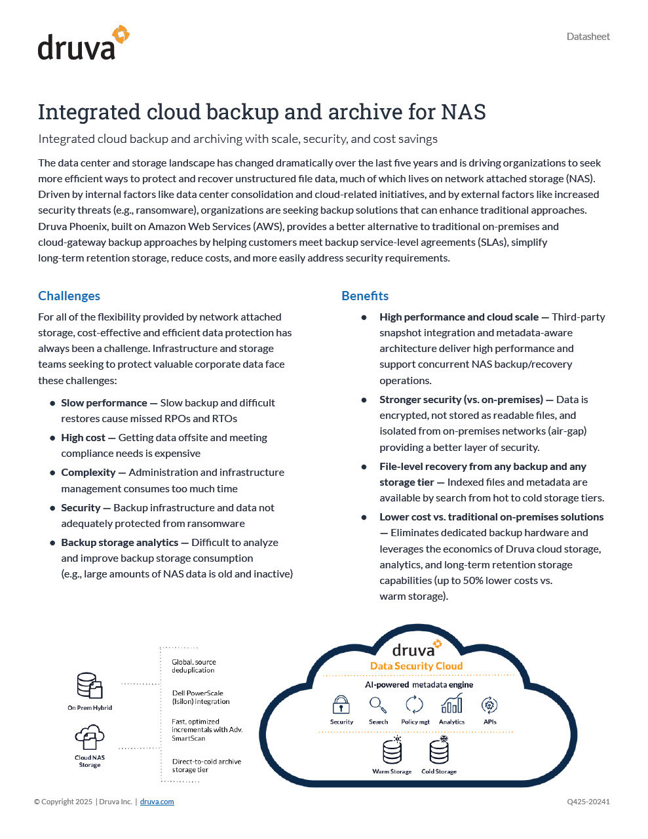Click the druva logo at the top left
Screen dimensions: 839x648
coord(83,44)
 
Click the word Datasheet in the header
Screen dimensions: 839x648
coord(588,37)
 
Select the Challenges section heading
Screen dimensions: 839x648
coord(69,296)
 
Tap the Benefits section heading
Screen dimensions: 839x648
coord(365,296)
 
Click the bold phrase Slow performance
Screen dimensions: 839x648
coord(104,402)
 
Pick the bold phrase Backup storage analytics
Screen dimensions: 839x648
coord(119,542)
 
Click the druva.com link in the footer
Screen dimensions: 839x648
coord(157,802)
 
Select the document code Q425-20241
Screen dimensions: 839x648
coord(588,802)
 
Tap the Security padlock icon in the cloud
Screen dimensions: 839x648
coord(341,705)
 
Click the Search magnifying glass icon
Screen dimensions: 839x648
coord(378,705)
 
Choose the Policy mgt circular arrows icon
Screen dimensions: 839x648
coord(414,705)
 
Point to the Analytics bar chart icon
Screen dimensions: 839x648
coord(451,704)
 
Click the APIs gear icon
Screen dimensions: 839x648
coord(489,705)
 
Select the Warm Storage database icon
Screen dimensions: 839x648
coord(392,751)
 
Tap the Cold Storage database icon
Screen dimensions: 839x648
coord(439,751)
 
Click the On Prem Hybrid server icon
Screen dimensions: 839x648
coord(90,686)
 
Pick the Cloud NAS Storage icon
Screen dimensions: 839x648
coord(90,737)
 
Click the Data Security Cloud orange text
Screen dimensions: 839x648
coord(416,666)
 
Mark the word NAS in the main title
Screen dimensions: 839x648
coord(463,112)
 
